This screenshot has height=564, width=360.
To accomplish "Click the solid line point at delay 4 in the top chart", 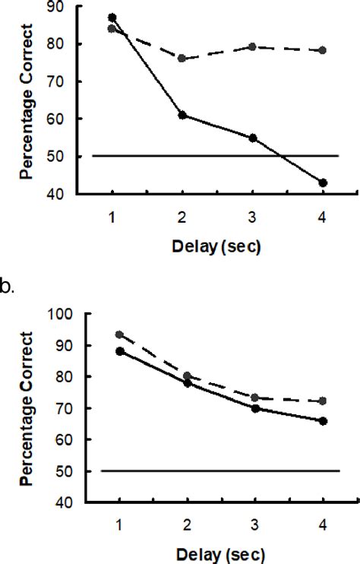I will [323, 183].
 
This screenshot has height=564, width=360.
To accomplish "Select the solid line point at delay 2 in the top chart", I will [182, 115].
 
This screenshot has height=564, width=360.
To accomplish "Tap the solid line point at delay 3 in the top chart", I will [252, 138].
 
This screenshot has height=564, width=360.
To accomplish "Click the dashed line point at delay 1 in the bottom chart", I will [120, 334].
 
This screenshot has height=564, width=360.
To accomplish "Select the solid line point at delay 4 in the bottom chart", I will [323, 420].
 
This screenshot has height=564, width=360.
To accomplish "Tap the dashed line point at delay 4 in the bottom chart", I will [323, 401].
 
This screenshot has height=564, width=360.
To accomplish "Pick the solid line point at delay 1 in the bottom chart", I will [120, 350].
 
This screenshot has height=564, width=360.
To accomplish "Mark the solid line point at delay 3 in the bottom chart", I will [255, 408].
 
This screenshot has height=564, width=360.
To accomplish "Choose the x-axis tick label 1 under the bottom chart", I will [120, 524].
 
